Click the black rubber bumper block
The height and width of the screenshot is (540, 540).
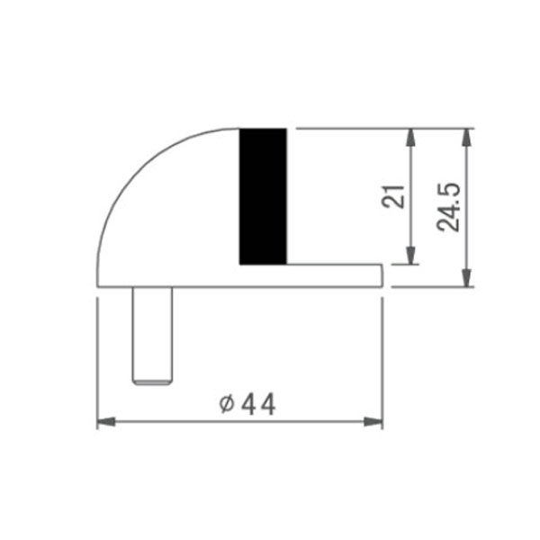point(263,196)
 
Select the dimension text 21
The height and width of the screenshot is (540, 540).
point(393,196)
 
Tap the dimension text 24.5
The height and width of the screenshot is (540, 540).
point(448,207)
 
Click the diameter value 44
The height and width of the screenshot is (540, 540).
point(258,404)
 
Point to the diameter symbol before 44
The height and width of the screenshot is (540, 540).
point(227,404)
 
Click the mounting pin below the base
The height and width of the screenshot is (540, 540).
point(152,336)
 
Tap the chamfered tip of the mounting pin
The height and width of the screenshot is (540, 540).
point(152,382)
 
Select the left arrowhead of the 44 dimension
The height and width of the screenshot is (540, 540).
point(106,421)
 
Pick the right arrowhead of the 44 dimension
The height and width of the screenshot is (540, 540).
point(373,421)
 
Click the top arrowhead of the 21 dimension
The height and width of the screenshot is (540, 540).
point(411,138)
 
